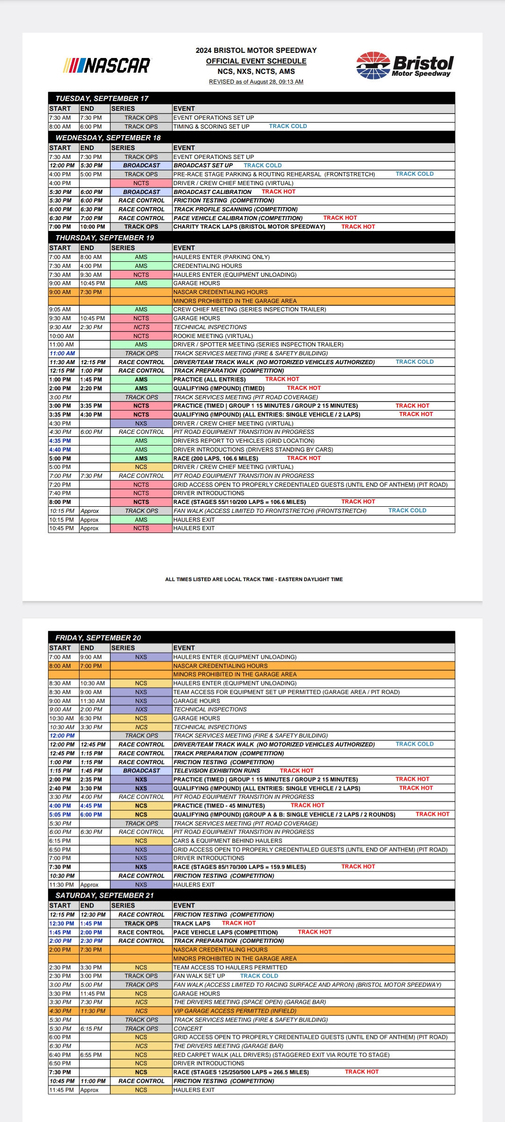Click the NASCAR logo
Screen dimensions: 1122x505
pos(107,65)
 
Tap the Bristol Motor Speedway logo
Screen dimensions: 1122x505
pos(405,65)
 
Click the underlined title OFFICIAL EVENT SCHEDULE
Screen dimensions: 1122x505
pos(256,61)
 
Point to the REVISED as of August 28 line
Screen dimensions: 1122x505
pos(256,82)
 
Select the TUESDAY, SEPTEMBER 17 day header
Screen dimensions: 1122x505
pos(102,99)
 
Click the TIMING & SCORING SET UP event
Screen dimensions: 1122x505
pos(211,127)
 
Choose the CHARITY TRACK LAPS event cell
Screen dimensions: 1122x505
pos(249,227)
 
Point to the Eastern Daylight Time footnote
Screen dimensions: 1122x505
pos(254,579)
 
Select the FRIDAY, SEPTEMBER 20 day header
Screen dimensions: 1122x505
pos(98,638)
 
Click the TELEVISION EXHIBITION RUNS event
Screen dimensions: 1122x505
pos(216,770)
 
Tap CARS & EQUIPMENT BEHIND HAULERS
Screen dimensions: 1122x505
pos(228,841)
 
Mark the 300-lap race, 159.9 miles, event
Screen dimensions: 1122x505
pos(239,867)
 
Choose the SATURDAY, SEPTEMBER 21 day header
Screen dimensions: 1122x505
pos(104,895)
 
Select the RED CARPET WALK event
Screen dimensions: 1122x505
pos(281,1055)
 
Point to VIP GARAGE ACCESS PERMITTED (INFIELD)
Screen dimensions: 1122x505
pos(235,1011)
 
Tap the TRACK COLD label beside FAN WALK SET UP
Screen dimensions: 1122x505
pos(259,976)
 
